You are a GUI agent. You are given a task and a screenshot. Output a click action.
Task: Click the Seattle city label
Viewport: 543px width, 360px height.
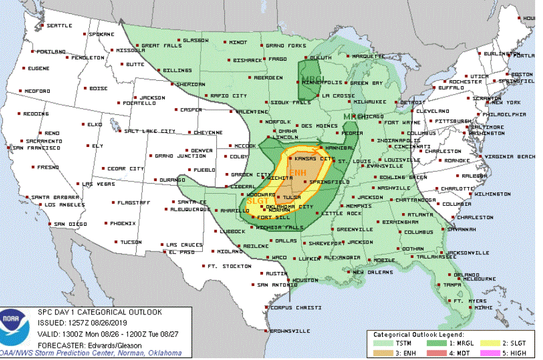click(59, 25)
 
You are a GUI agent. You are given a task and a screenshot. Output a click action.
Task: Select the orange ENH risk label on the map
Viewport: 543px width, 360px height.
click(297, 174)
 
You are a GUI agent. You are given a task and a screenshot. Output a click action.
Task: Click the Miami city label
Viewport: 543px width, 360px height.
click(483, 308)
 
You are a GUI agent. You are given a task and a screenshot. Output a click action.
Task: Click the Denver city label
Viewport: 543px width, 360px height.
click(202, 150)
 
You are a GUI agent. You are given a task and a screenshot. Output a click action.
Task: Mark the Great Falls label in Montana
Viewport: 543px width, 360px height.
click(159, 46)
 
